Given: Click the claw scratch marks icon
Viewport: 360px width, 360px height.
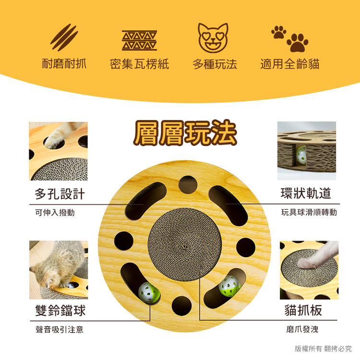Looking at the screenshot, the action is pos(64,37).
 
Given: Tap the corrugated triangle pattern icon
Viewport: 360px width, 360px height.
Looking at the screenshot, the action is pos(139,40).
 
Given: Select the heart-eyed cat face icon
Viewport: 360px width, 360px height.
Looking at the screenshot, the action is pos(213,38).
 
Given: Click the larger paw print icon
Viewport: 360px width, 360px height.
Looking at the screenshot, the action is pos(297,43).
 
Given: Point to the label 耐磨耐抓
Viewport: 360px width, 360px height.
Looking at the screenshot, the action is pos(64,63).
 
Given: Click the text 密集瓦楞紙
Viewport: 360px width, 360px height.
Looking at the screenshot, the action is pos(139,64).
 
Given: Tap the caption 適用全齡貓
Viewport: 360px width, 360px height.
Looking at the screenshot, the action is pos(290,63).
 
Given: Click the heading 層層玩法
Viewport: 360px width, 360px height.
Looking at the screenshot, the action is pos(185,132).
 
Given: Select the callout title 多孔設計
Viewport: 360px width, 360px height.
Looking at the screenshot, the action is pos(60,194).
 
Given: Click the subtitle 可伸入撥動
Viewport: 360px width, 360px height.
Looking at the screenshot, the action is pos(55,213).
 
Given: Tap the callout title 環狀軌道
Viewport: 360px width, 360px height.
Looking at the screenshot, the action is pos(306,193).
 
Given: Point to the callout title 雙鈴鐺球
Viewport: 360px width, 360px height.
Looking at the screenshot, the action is pos(60,311).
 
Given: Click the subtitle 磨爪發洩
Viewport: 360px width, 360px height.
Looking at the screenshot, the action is pos(302,329).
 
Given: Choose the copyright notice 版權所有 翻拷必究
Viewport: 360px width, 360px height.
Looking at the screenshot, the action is pos(323,348).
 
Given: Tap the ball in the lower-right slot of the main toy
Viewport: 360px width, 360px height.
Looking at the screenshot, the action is pos(229,286).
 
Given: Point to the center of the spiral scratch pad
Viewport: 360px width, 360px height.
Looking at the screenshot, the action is pos(185,247).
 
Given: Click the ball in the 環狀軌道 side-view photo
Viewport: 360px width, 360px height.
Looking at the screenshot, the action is pos(301,156).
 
